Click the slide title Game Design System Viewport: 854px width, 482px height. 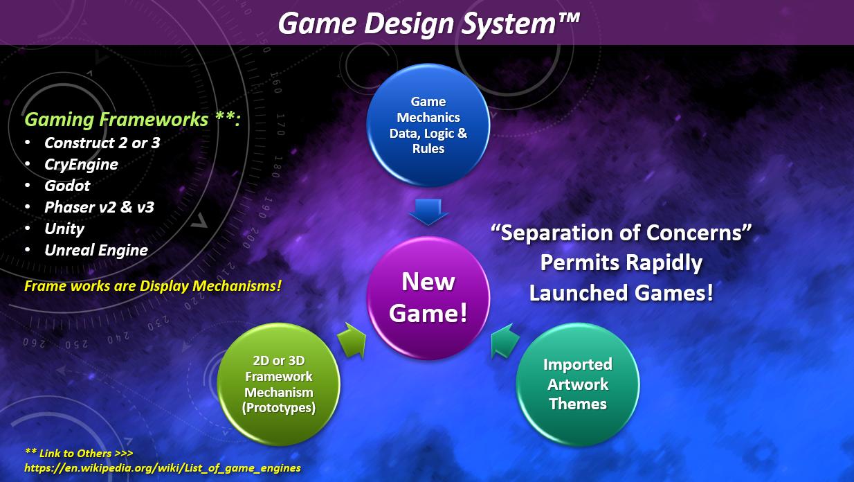click(428, 24)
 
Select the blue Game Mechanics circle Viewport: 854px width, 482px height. click(428, 125)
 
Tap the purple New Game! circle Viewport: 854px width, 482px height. click(428, 298)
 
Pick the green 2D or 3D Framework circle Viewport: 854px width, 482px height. click(279, 384)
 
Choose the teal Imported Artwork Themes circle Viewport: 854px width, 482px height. click(578, 384)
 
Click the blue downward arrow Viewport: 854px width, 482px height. click(428, 212)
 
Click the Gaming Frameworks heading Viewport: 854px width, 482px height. click(133, 119)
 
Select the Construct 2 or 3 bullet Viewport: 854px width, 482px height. click(102, 143)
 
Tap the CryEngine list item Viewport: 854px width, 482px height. click(81, 165)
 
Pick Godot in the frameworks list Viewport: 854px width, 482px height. click(67, 186)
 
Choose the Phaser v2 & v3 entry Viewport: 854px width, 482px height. click(99, 207)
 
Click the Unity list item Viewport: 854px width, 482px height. click(64, 229)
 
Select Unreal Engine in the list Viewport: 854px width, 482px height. click(96, 251)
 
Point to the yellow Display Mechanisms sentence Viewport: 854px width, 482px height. click(153, 286)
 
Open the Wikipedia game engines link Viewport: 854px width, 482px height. click(163, 468)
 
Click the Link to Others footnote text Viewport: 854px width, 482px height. click(79, 454)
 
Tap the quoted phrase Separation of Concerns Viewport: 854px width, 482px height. click(621, 233)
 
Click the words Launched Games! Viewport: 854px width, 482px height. click(621, 293)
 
